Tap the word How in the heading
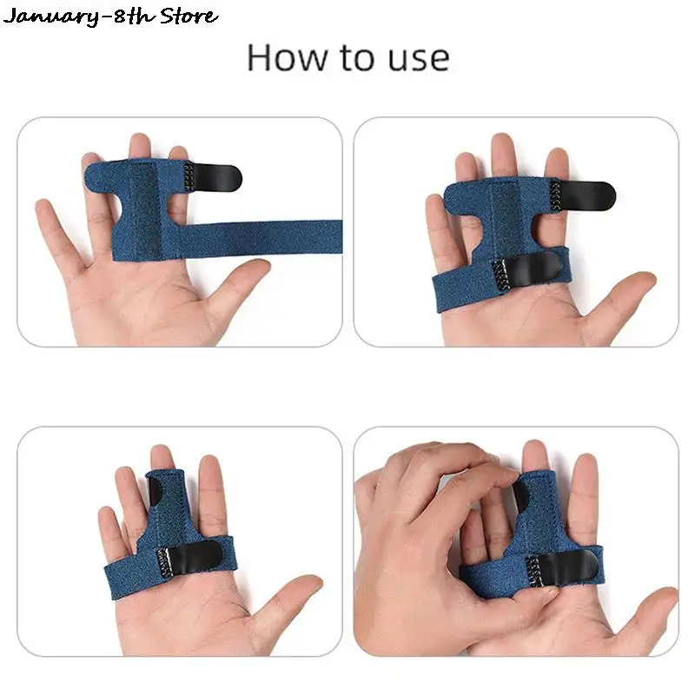click(x=279, y=57)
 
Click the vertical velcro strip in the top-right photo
click(x=504, y=217)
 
